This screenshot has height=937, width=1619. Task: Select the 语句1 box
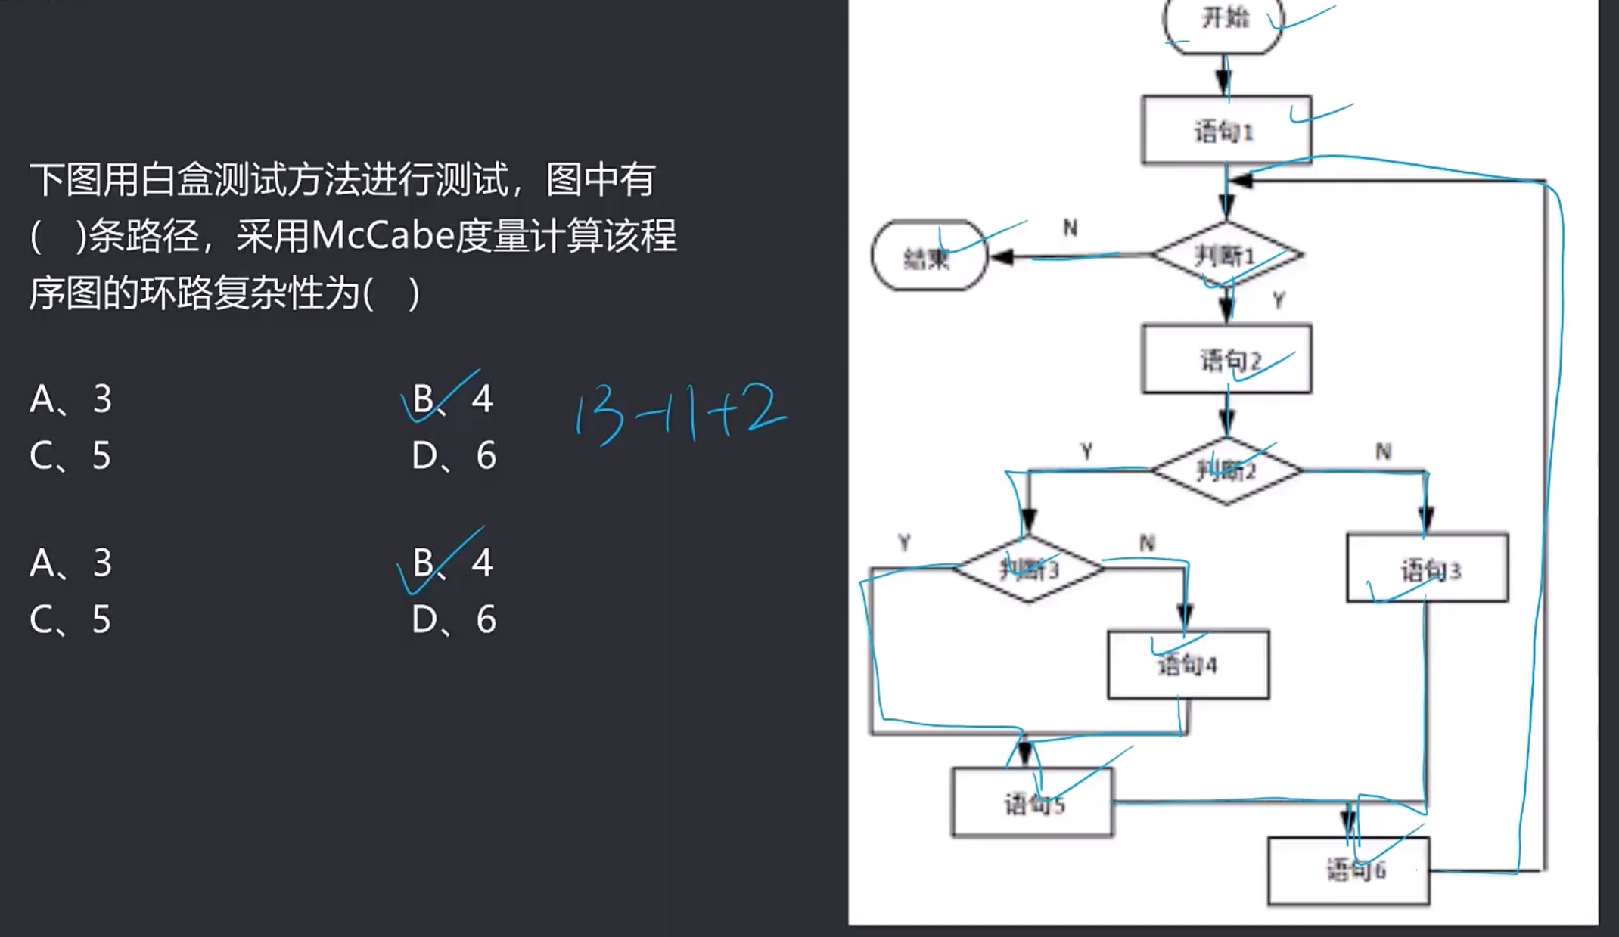[1226, 131]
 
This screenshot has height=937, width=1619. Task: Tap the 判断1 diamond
[1226, 256]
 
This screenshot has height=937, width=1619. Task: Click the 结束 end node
[929, 257]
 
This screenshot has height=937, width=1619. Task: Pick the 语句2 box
[1226, 360]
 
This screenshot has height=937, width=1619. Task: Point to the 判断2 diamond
[1226, 471]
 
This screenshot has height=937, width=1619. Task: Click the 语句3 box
[1427, 569]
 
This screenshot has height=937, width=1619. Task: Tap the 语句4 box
[1188, 665]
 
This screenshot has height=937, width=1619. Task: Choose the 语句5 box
[1033, 803]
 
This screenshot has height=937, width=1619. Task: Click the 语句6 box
[1349, 870]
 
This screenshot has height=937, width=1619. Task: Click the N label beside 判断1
[1070, 228]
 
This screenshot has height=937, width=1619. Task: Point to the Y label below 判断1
[1278, 301]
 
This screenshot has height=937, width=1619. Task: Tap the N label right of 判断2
[1383, 451]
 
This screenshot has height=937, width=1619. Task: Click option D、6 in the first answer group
[454, 455]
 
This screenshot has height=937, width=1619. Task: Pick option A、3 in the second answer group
[70, 563]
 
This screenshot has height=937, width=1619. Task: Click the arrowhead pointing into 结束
[1002, 257]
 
